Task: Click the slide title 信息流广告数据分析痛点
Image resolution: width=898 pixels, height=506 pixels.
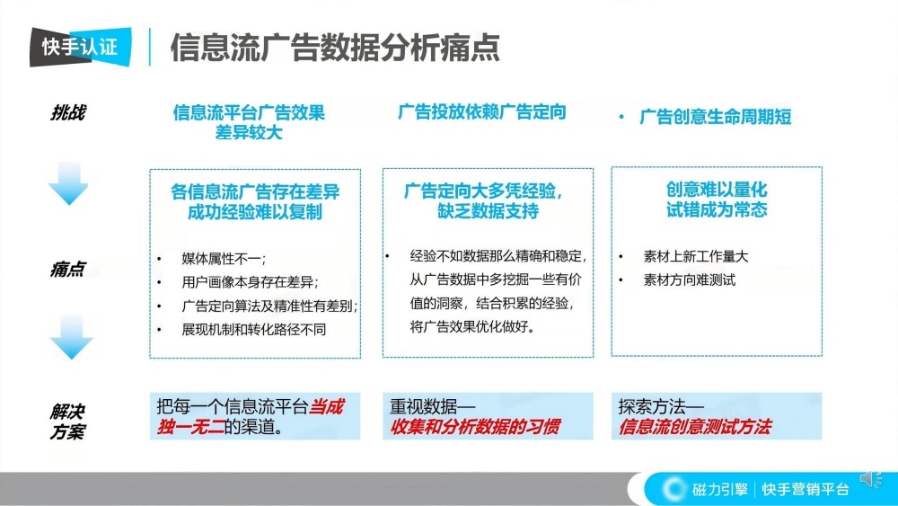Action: point(335,48)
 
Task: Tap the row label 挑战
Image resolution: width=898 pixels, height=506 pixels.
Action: point(68,113)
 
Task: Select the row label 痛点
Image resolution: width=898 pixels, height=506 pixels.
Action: point(68,269)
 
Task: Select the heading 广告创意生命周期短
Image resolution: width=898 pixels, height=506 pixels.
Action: point(715,117)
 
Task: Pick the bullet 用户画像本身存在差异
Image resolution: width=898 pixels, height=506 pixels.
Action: point(250,282)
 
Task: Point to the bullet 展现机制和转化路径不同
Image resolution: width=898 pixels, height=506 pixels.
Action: point(253,329)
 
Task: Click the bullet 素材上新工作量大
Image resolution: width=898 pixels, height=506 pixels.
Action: point(695,256)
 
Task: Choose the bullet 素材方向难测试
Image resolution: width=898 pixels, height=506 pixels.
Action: point(689,280)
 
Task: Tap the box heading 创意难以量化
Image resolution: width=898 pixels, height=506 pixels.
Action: point(717,190)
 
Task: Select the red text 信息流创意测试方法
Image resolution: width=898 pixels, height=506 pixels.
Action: point(694,427)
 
